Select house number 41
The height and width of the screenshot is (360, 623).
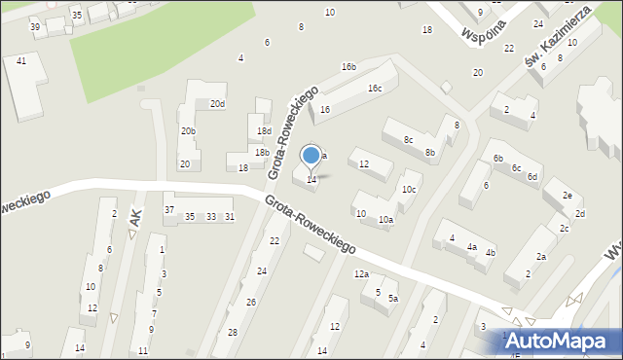coord(21,60)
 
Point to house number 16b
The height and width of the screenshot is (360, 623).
coord(348,66)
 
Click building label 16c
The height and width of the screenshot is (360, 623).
coord(375,89)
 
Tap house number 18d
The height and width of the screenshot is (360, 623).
coord(264,130)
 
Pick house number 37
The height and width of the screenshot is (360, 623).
coord(169,210)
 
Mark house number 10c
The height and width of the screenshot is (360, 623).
coord(409,189)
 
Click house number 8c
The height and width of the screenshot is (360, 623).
coord(408,140)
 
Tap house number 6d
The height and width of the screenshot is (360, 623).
coord(532,176)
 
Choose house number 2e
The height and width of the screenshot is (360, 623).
coord(567,195)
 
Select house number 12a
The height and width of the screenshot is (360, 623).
coord(361,274)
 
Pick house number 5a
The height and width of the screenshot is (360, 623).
coord(393,299)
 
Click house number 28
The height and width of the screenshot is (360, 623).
coord(232,333)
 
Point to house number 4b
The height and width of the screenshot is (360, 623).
coord(491,253)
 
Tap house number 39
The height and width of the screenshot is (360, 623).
coord(35,26)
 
